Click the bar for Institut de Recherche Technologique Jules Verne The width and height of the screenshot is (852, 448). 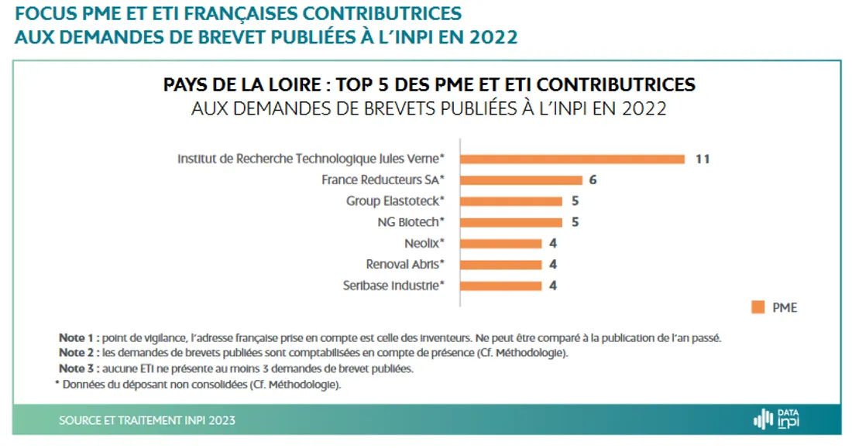[573, 159]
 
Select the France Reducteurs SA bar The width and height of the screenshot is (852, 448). [522, 180]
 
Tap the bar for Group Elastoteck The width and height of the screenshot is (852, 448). [512, 201]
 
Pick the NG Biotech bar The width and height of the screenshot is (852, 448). [512, 222]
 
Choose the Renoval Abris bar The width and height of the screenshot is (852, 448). [502, 265]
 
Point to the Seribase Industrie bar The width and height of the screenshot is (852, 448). [502, 286]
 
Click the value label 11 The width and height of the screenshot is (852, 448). [702, 159]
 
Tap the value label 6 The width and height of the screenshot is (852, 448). [592, 180]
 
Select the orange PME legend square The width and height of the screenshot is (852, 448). [758, 307]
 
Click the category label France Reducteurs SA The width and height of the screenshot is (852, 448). [383, 180]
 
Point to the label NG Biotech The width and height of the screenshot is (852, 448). [411, 222]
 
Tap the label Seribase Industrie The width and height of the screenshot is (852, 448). [393, 286]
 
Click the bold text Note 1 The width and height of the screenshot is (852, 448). [78, 338]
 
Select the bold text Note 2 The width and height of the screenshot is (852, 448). [78, 353]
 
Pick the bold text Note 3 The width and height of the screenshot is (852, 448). [78, 368]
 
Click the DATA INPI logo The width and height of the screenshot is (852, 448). [776, 419]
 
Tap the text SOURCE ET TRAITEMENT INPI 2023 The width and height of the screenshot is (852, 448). [147, 420]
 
